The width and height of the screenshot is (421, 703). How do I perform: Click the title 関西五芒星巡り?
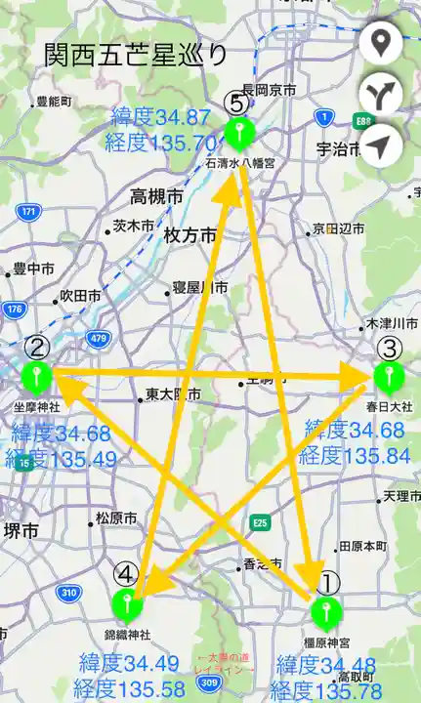[136, 56]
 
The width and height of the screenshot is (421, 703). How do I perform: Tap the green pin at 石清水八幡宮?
[237, 132]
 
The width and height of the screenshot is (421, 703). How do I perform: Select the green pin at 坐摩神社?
[36, 375]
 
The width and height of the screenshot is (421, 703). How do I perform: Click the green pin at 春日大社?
[388, 377]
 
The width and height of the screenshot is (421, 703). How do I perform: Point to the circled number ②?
[36, 346]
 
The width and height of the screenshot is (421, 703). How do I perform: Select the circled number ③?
[388, 348]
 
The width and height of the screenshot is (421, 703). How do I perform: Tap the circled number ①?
[328, 583]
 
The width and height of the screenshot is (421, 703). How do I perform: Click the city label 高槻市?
[156, 196]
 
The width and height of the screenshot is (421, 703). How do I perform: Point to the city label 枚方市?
[189, 235]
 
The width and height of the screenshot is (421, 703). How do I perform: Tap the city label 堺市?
[20, 531]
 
